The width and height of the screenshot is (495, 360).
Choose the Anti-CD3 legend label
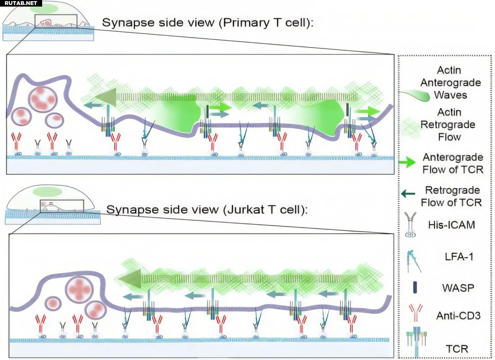[458, 316]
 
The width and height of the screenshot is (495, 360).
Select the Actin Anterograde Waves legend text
[451, 82]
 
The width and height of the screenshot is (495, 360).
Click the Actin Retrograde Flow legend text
[449, 124]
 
